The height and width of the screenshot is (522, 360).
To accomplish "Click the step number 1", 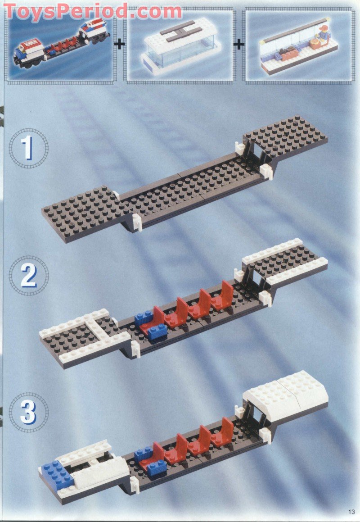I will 28,148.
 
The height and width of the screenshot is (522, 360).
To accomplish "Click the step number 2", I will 28,275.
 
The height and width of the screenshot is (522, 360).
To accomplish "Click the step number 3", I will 28,413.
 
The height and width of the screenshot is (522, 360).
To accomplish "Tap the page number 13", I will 351,511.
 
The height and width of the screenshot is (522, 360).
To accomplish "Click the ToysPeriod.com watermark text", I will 92,11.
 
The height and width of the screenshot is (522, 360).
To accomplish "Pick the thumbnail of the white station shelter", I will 180,46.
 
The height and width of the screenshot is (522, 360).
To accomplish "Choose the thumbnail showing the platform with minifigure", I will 299,46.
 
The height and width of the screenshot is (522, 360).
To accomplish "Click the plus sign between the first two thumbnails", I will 120,44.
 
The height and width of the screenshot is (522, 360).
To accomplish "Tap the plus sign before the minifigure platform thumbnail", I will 239,44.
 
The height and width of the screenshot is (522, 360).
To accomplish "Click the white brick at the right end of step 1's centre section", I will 265,171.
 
